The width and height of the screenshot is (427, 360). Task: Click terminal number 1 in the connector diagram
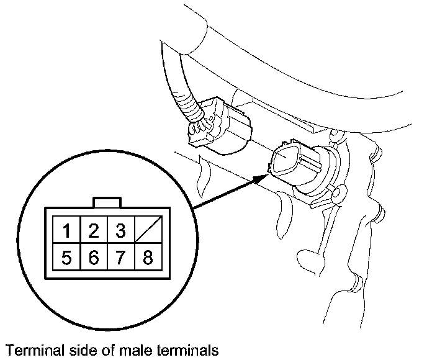pyautogui.click(x=66, y=232)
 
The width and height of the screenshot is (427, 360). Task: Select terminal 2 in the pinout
pyautogui.click(x=93, y=232)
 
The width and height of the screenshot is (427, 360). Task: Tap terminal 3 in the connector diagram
pyautogui.click(x=120, y=232)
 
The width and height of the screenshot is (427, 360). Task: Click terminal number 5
pyautogui.click(x=66, y=257)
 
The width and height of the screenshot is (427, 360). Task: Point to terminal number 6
pyautogui.click(x=93, y=257)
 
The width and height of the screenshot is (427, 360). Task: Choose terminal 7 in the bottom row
pyautogui.click(x=120, y=257)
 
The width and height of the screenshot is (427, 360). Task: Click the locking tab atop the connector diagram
pyautogui.click(x=107, y=203)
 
